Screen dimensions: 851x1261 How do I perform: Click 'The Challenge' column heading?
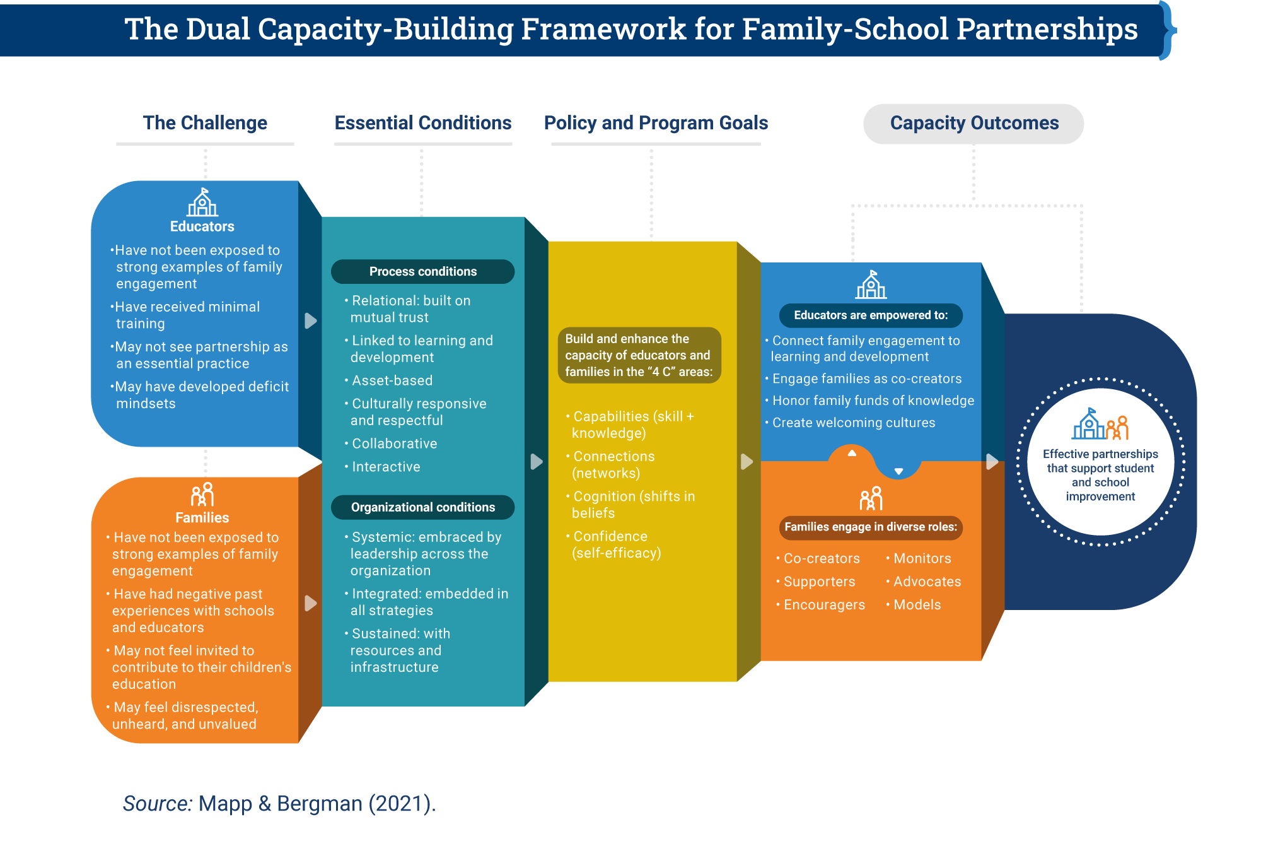click(205, 123)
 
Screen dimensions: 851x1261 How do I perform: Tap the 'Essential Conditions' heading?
click(422, 123)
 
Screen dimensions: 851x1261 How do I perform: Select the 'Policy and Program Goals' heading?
click(656, 123)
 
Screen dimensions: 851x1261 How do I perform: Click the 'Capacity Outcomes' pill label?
click(973, 124)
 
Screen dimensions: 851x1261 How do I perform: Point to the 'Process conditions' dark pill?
click(422, 272)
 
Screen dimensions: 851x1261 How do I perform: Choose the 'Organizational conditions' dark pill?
click(422, 508)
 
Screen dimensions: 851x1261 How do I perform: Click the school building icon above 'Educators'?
click(202, 203)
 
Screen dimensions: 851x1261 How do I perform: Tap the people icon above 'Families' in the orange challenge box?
click(202, 495)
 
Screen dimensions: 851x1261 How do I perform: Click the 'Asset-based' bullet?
click(392, 381)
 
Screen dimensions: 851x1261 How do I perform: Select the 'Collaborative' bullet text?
click(394, 444)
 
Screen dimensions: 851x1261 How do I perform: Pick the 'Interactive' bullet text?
click(386, 467)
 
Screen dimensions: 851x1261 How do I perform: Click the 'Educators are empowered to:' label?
click(870, 315)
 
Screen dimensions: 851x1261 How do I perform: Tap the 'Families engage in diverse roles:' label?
click(870, 527)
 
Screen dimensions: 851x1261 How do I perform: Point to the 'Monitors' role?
click(922, 559)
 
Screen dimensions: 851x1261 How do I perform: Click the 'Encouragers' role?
click(824, 605)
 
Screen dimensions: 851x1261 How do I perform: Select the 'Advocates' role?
click(927, 582)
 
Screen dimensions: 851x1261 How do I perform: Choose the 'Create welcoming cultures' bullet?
click(853, 423)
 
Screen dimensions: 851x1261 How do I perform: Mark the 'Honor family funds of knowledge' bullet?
click(873, 401)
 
